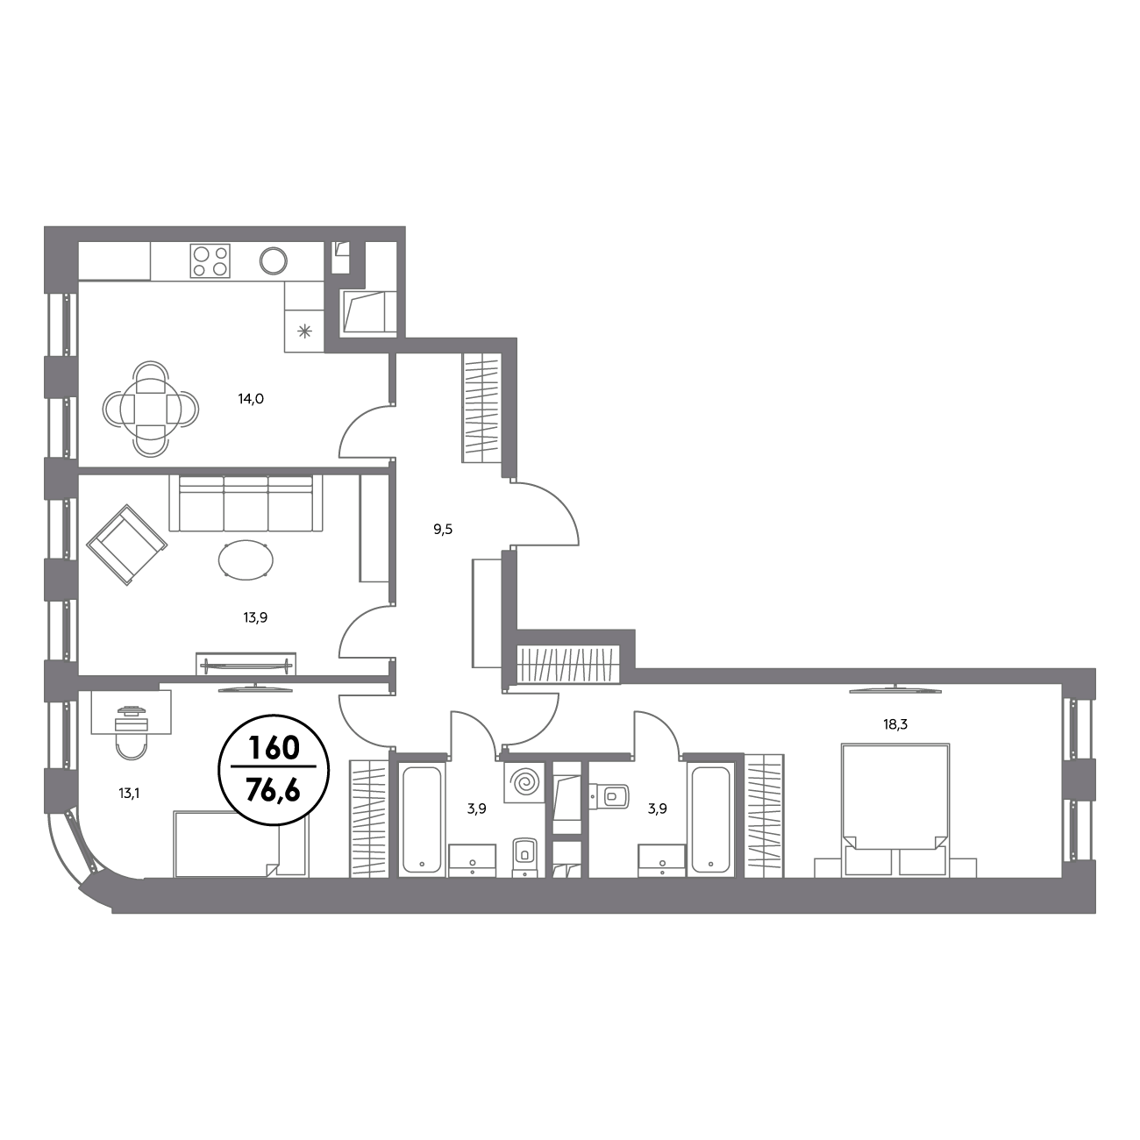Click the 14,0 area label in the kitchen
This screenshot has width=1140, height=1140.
251,399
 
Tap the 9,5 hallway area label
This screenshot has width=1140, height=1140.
443,530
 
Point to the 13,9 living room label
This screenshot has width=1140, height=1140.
255,618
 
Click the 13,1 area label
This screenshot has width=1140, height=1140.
128,794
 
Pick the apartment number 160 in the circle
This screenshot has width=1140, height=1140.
274,748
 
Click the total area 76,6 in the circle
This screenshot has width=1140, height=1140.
274,788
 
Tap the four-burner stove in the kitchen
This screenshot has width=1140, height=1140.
210,261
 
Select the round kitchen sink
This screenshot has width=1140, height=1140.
274,260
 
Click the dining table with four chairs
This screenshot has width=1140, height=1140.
151,408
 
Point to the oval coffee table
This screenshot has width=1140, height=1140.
246,559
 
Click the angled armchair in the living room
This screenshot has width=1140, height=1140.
126,545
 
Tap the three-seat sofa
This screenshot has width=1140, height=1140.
246,502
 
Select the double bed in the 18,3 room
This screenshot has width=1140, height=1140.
895,809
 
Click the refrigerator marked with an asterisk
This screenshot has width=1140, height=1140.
304,331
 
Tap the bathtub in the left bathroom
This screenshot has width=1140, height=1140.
422,819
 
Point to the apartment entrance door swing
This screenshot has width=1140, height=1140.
545,514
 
